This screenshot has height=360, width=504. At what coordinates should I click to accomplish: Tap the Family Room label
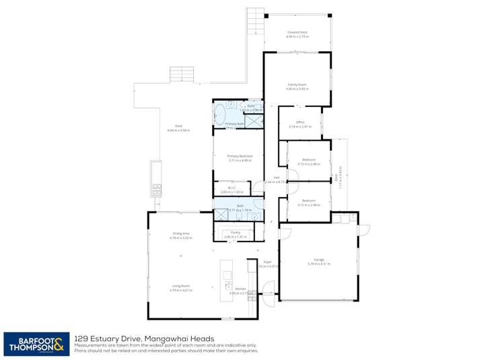297,85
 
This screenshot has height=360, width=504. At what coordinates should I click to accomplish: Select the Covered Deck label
297,32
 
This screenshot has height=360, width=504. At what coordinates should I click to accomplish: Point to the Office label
300,122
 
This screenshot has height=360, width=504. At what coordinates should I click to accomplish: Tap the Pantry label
236,232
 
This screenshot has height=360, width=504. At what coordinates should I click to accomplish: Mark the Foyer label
267,262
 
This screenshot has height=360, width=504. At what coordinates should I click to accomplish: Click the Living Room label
180,285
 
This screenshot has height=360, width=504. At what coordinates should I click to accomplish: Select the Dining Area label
180,233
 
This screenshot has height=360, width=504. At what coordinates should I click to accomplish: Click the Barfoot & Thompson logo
35,344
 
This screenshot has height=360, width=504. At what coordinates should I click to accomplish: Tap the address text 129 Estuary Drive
112,338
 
